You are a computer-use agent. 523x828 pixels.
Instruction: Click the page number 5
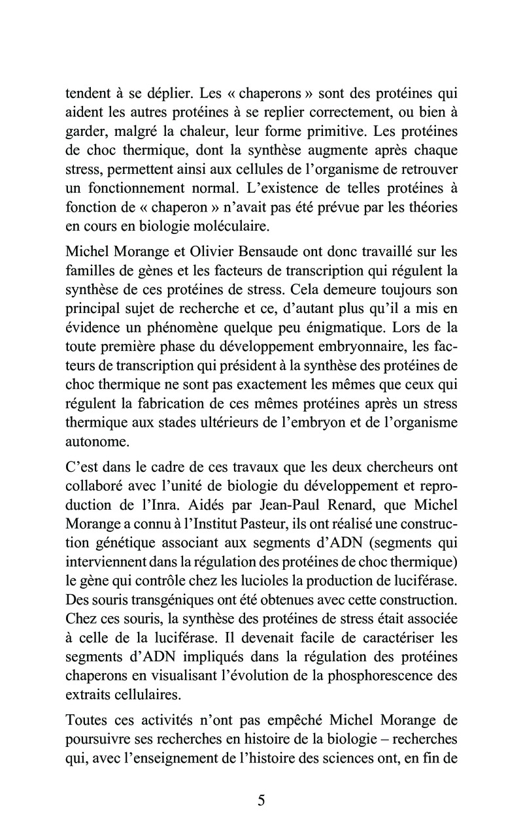(261, 801)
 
